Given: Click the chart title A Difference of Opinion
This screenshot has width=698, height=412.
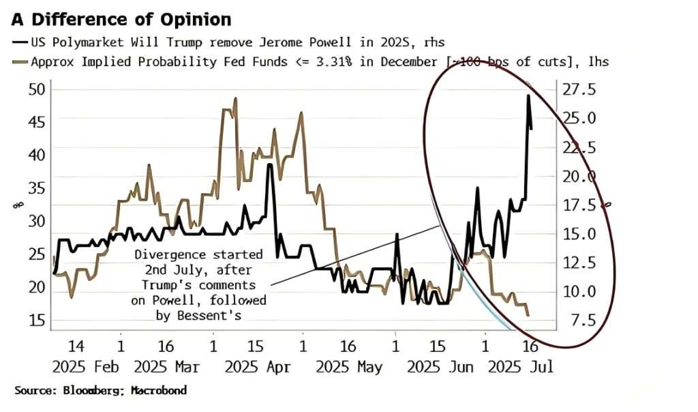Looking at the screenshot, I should tap(121, 19).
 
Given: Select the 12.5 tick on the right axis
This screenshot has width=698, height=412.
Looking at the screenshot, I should tap(577, 263).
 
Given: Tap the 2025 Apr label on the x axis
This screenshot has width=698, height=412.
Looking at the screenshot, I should tap(258, 367).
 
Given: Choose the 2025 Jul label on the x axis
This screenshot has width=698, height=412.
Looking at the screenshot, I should tap(521, 367).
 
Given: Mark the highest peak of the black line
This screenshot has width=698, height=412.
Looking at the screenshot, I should tap(528, 96).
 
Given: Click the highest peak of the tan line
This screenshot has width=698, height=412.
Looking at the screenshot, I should tap(235, 99).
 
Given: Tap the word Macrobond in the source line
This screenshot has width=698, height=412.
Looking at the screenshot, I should tap(158, 391).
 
